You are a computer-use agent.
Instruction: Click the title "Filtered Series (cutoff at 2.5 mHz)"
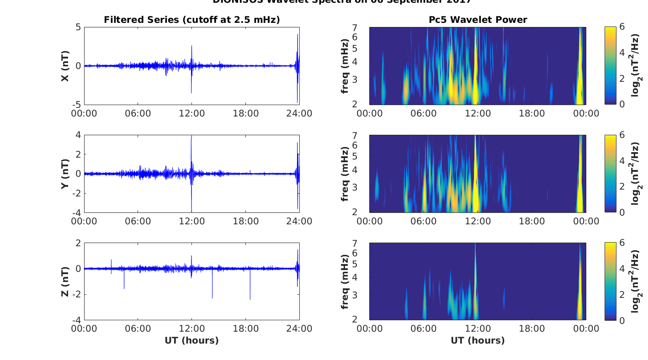click(x=191, y=20)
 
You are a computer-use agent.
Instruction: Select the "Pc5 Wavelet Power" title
click(x=478, y=20)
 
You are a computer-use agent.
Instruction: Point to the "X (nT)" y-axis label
click(x=65, y=66)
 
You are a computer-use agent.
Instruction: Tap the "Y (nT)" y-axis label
click(x=65, y=174)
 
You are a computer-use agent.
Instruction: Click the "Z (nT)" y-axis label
click(x=65, y=281)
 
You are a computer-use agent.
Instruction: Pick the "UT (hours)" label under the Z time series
click(x=191, y=340)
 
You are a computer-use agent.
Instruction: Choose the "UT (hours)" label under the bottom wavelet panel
click(x=478, y=340)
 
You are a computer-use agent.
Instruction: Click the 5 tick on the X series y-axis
click(x=78, y=27)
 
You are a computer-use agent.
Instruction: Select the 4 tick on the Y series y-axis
click(x=78, y=135)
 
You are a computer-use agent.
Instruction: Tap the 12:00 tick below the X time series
click(x=191, y=113)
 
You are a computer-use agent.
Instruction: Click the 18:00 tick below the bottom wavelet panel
click(x=532, y=329)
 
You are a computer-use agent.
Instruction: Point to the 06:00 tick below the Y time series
click(x=138, y=221)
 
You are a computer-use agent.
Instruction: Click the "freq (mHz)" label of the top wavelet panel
click(x=345, y=66)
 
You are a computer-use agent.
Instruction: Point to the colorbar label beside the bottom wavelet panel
click(x=636, y=281)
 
